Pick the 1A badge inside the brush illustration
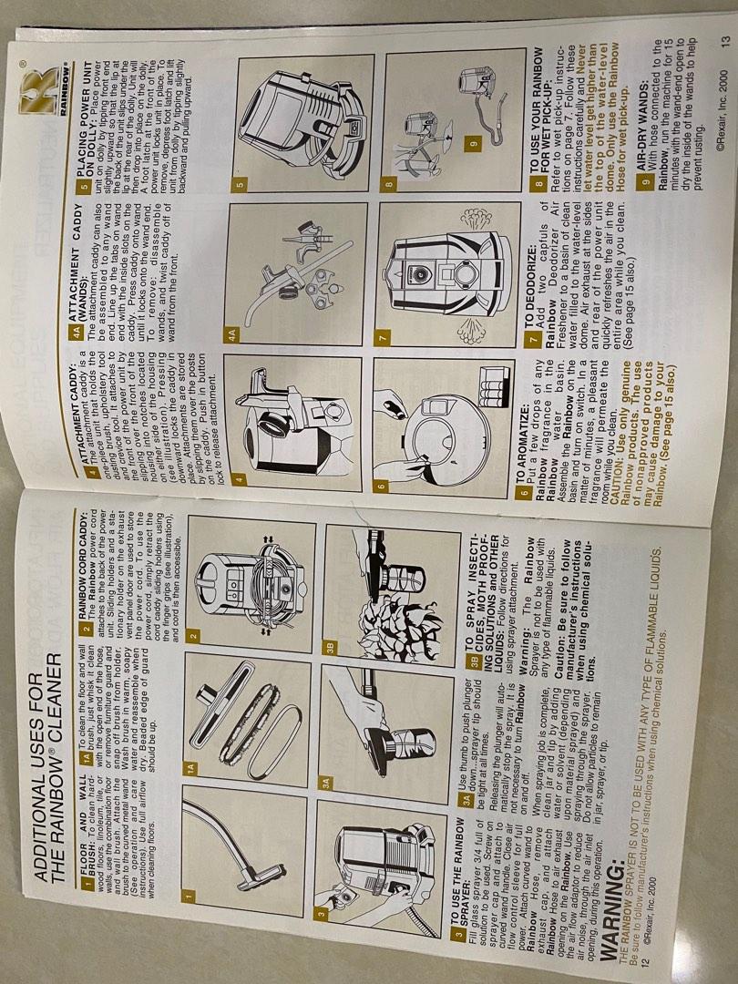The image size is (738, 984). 192,743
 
